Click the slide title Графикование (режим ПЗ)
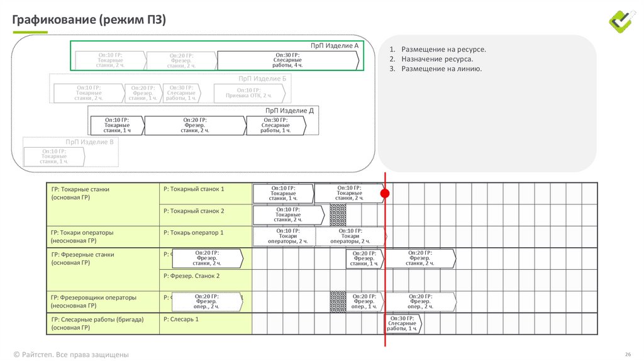click(89, 20)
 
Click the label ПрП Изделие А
click(334, 46)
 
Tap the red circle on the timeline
click(386, 194)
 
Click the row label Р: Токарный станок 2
click(194, 211)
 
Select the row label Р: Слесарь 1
click(181, 319)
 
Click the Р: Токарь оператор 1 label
click(194, 233)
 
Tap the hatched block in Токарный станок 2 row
click(338, 215)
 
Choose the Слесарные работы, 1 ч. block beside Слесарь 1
click(402, 323)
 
